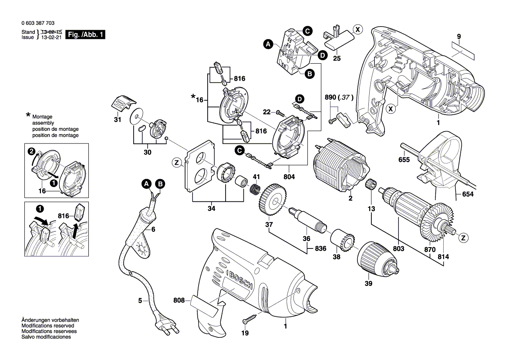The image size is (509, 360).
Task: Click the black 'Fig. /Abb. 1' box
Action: click(x=85, y=35)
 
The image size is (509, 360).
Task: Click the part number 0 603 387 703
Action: click(x=37, y=23)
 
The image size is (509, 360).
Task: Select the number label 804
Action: click(x=289, y=177)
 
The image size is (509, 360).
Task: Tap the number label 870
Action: click(x=429, y=249)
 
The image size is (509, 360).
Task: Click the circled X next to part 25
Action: click(x=357, y=30)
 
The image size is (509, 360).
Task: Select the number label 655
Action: click(x=404, y=160)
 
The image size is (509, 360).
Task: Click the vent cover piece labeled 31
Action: click(x=121, y=103)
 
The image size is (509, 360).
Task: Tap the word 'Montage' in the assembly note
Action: click(x=42, y=117)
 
